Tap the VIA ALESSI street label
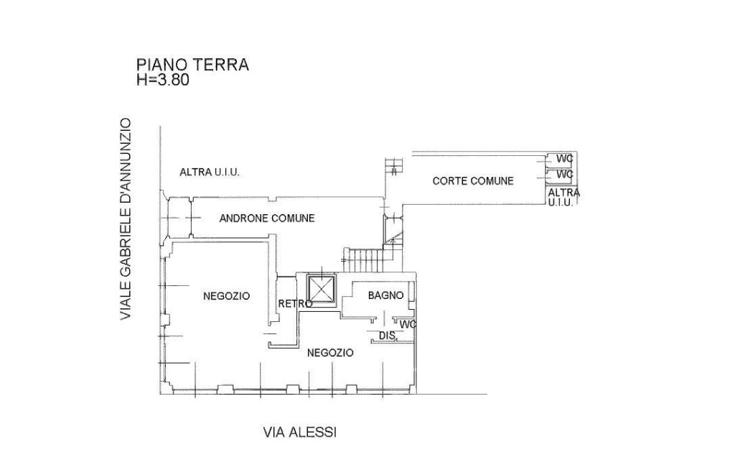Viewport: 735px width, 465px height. (x=299, y=432)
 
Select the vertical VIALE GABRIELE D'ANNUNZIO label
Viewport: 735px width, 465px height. (x=126, y=219)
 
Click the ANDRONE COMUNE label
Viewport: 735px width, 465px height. (x=267, y=218)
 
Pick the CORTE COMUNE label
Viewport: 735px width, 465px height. (x=473, y=181)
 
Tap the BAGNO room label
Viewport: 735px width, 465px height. (x=386, y=295)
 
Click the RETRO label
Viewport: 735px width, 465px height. (x=294, y=304)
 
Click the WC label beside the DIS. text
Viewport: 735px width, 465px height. (x=408, y=324)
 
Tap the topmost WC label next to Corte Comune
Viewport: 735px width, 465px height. (x=565, y=158)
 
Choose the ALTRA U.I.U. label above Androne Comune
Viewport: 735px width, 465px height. (x=209, y=172)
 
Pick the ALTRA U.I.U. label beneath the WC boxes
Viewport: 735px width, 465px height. (x=563, y=198)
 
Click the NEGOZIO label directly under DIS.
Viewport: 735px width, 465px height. (x=330, y=353)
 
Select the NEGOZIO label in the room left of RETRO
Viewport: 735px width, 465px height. (x=226, y=295)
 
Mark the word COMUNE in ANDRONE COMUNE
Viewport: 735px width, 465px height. (x=290, y=218)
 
